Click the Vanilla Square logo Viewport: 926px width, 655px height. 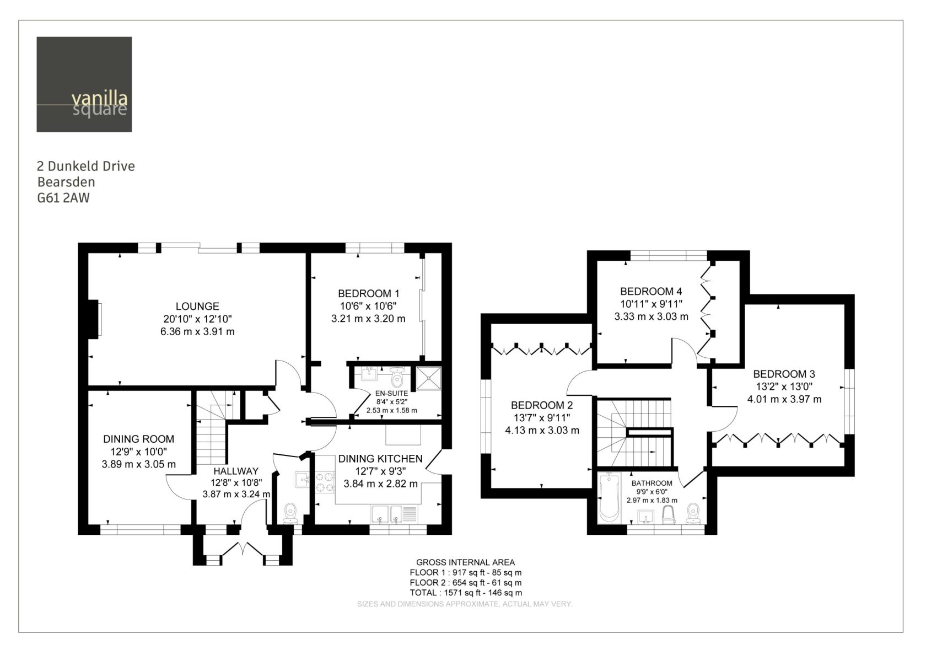pos(84,84)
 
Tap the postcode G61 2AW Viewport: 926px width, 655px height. pos(63,198)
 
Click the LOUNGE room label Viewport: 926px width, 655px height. pos(197,307)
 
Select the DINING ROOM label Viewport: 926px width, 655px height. pos(138,439)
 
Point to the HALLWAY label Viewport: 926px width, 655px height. pos(236,471)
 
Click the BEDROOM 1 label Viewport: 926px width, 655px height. pos(368,293)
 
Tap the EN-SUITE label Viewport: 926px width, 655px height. pos(391,394)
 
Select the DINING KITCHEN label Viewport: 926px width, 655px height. pos(380,459)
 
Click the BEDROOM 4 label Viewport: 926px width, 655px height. pos(651,291)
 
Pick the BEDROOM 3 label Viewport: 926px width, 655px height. pos(784,374)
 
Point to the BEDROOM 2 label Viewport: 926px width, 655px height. pos(542,405)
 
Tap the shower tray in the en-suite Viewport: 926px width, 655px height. pos(429,378)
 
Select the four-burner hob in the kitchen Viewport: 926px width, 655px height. pos(325,482)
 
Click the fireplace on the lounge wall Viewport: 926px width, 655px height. pos(95,319)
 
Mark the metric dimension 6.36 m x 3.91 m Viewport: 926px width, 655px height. pos(197,332)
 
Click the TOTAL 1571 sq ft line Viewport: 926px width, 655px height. pos(465,593)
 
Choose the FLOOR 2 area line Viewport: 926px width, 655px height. pos(465,583)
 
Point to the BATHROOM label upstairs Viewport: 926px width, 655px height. pos(652,483)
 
